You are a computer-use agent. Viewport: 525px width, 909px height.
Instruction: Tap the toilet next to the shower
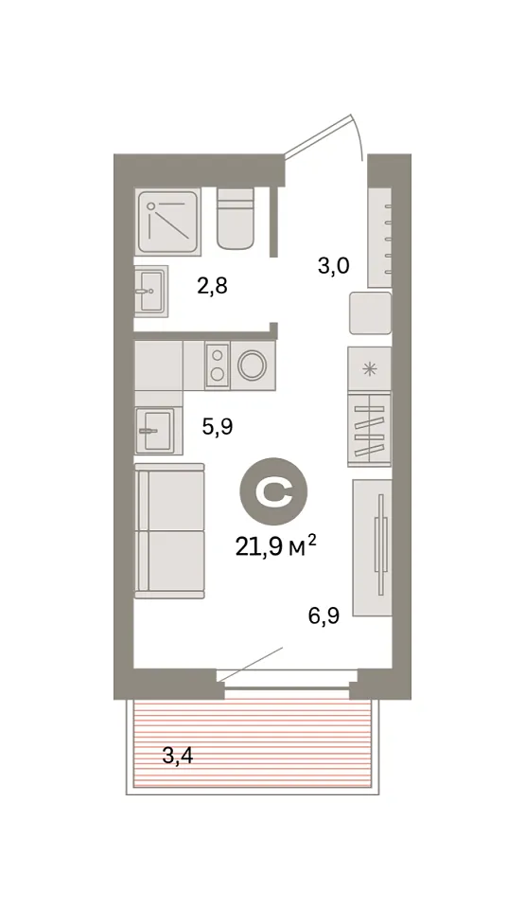tap(236, 219)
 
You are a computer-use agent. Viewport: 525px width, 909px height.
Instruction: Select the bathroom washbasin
tap(151, 292)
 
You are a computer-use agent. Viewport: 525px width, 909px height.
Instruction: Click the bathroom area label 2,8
tap(212, 286)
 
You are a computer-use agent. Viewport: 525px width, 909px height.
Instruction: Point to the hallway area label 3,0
tap(333, 266)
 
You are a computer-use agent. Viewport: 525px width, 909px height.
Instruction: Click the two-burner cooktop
tap(218, 365)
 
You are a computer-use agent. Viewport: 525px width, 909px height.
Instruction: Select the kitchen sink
tap(154, 430)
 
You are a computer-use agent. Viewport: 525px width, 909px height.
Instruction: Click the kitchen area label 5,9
tap(217, 428)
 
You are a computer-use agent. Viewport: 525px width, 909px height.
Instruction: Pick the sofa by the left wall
tap(169, 530)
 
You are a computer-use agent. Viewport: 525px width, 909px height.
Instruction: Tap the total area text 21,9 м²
tap(275, 546)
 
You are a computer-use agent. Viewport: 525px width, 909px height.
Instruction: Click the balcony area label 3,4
tap(178, 756)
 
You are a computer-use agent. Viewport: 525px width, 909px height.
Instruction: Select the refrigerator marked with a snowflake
tap(370, 368)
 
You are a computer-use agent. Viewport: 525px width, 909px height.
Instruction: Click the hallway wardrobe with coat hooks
tap(380, 237)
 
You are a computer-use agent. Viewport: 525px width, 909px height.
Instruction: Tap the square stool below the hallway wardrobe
tap(370, 313)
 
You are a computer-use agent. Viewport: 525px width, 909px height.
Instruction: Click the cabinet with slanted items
tap(370, 429)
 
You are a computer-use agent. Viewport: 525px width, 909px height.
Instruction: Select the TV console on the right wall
tap(373, 547)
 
